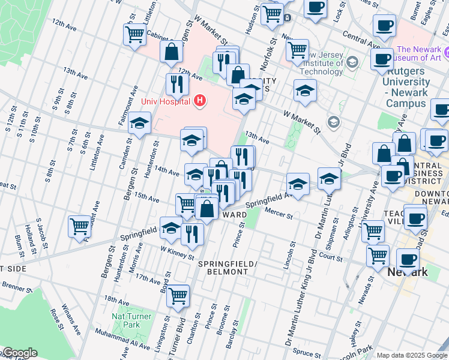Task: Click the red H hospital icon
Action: click(200, 101)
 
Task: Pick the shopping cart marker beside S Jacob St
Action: click(79, 227)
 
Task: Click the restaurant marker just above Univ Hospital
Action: click(176, 84)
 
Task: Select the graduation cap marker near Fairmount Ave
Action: click(139, 124)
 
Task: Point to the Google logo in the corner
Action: click(20, 353)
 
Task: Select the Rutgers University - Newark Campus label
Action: click(408, 87)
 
